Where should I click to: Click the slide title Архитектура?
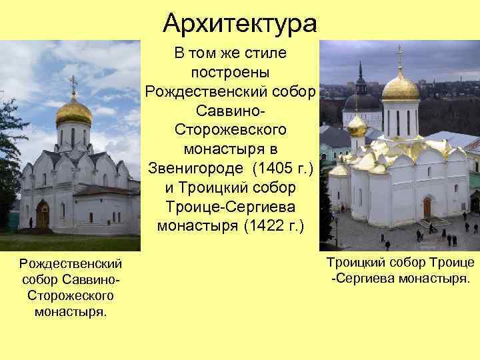[x=240, y=24]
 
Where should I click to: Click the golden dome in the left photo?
[x=74, y=112]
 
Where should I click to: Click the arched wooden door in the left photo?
[x=43, y=215]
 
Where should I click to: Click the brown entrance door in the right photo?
[x=427, y=207]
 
